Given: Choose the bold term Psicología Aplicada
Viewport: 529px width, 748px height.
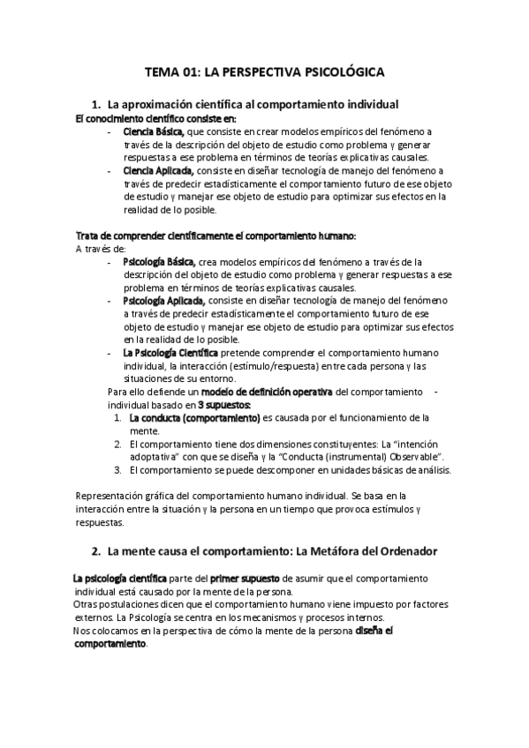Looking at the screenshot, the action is pyautogui.click(x=162, y=301).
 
